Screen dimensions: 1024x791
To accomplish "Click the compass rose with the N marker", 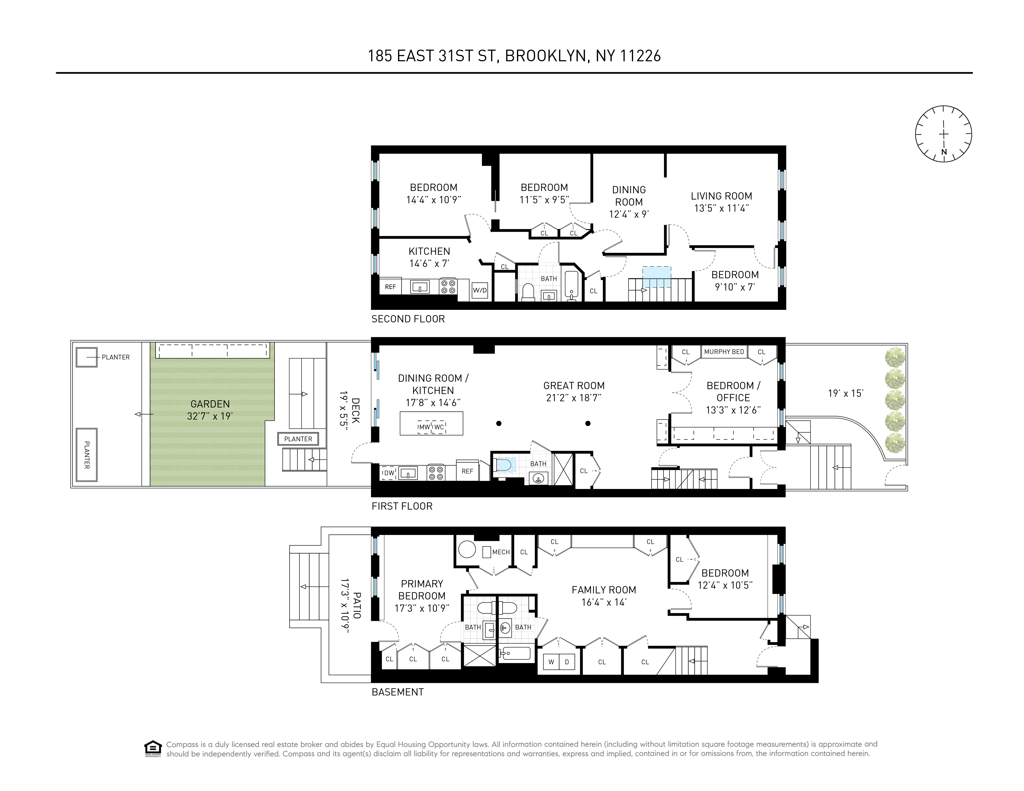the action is (x=943, y=134).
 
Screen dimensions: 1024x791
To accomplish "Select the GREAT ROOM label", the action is (x=574, y=386).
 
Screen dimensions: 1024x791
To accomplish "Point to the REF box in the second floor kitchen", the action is (x=390, y=287).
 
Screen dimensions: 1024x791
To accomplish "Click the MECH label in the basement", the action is (x=501, y=552).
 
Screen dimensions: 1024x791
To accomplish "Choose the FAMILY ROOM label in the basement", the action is (x=604, y=590).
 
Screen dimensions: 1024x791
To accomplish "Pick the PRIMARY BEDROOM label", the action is (x=422, y=590).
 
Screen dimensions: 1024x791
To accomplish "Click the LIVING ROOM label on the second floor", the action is (x=722, y=196).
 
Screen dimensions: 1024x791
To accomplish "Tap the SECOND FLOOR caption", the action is (x=408, y=319).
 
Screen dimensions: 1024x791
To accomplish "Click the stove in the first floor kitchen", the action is (x=436, y=473).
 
